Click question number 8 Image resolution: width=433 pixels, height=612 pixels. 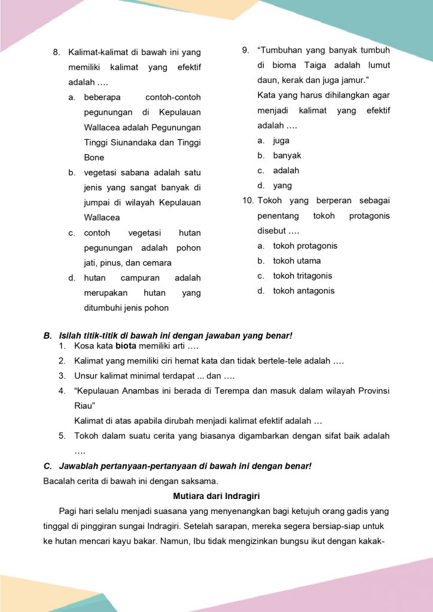(x=56, y=52)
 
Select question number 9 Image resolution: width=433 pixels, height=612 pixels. (x=245, y=50)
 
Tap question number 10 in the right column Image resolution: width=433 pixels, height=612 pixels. (x=248, y=201)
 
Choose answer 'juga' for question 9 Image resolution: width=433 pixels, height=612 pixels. (x=281, y=140)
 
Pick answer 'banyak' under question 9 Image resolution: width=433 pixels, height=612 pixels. (x=287, y=155)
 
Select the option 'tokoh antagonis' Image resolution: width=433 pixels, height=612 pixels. (x=304, y=291)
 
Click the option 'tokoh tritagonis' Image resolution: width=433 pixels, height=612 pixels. (x=303, y=276)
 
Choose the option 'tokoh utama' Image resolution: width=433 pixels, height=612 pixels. (x=297, y=261)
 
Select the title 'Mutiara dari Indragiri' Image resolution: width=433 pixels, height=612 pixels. (x=216, y=496)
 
